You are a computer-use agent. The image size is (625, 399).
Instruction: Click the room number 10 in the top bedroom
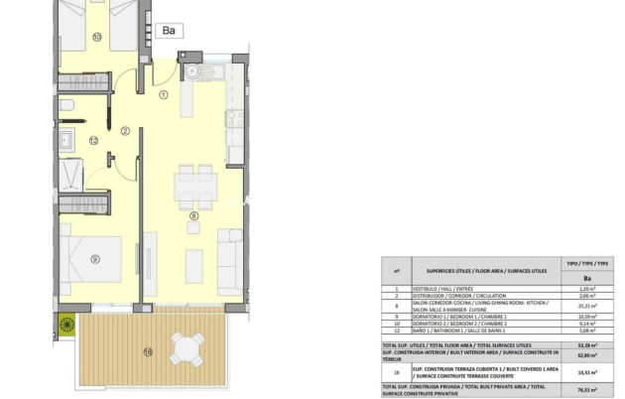tap(96, 37)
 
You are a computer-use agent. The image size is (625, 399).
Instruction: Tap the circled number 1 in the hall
tap(164, 95)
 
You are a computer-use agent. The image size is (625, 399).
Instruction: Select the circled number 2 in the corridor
tap(126, 130)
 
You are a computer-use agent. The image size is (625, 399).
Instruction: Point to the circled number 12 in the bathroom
tap(93, 141)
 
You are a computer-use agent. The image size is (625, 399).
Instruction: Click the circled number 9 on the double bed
tap(95, 259)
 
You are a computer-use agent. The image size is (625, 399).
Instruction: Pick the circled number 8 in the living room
tap(194, 215)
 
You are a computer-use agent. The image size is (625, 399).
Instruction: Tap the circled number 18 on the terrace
tap(147, 350)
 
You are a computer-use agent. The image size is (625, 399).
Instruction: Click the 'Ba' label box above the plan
tap(170, 31)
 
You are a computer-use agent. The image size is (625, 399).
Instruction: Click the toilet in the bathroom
tap(64, 104)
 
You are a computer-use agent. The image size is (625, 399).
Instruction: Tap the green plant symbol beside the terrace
tap(67, 324)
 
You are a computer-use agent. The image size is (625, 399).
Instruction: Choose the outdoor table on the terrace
tap(187, 348)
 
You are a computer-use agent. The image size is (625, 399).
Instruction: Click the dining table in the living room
tap(193, 183)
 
